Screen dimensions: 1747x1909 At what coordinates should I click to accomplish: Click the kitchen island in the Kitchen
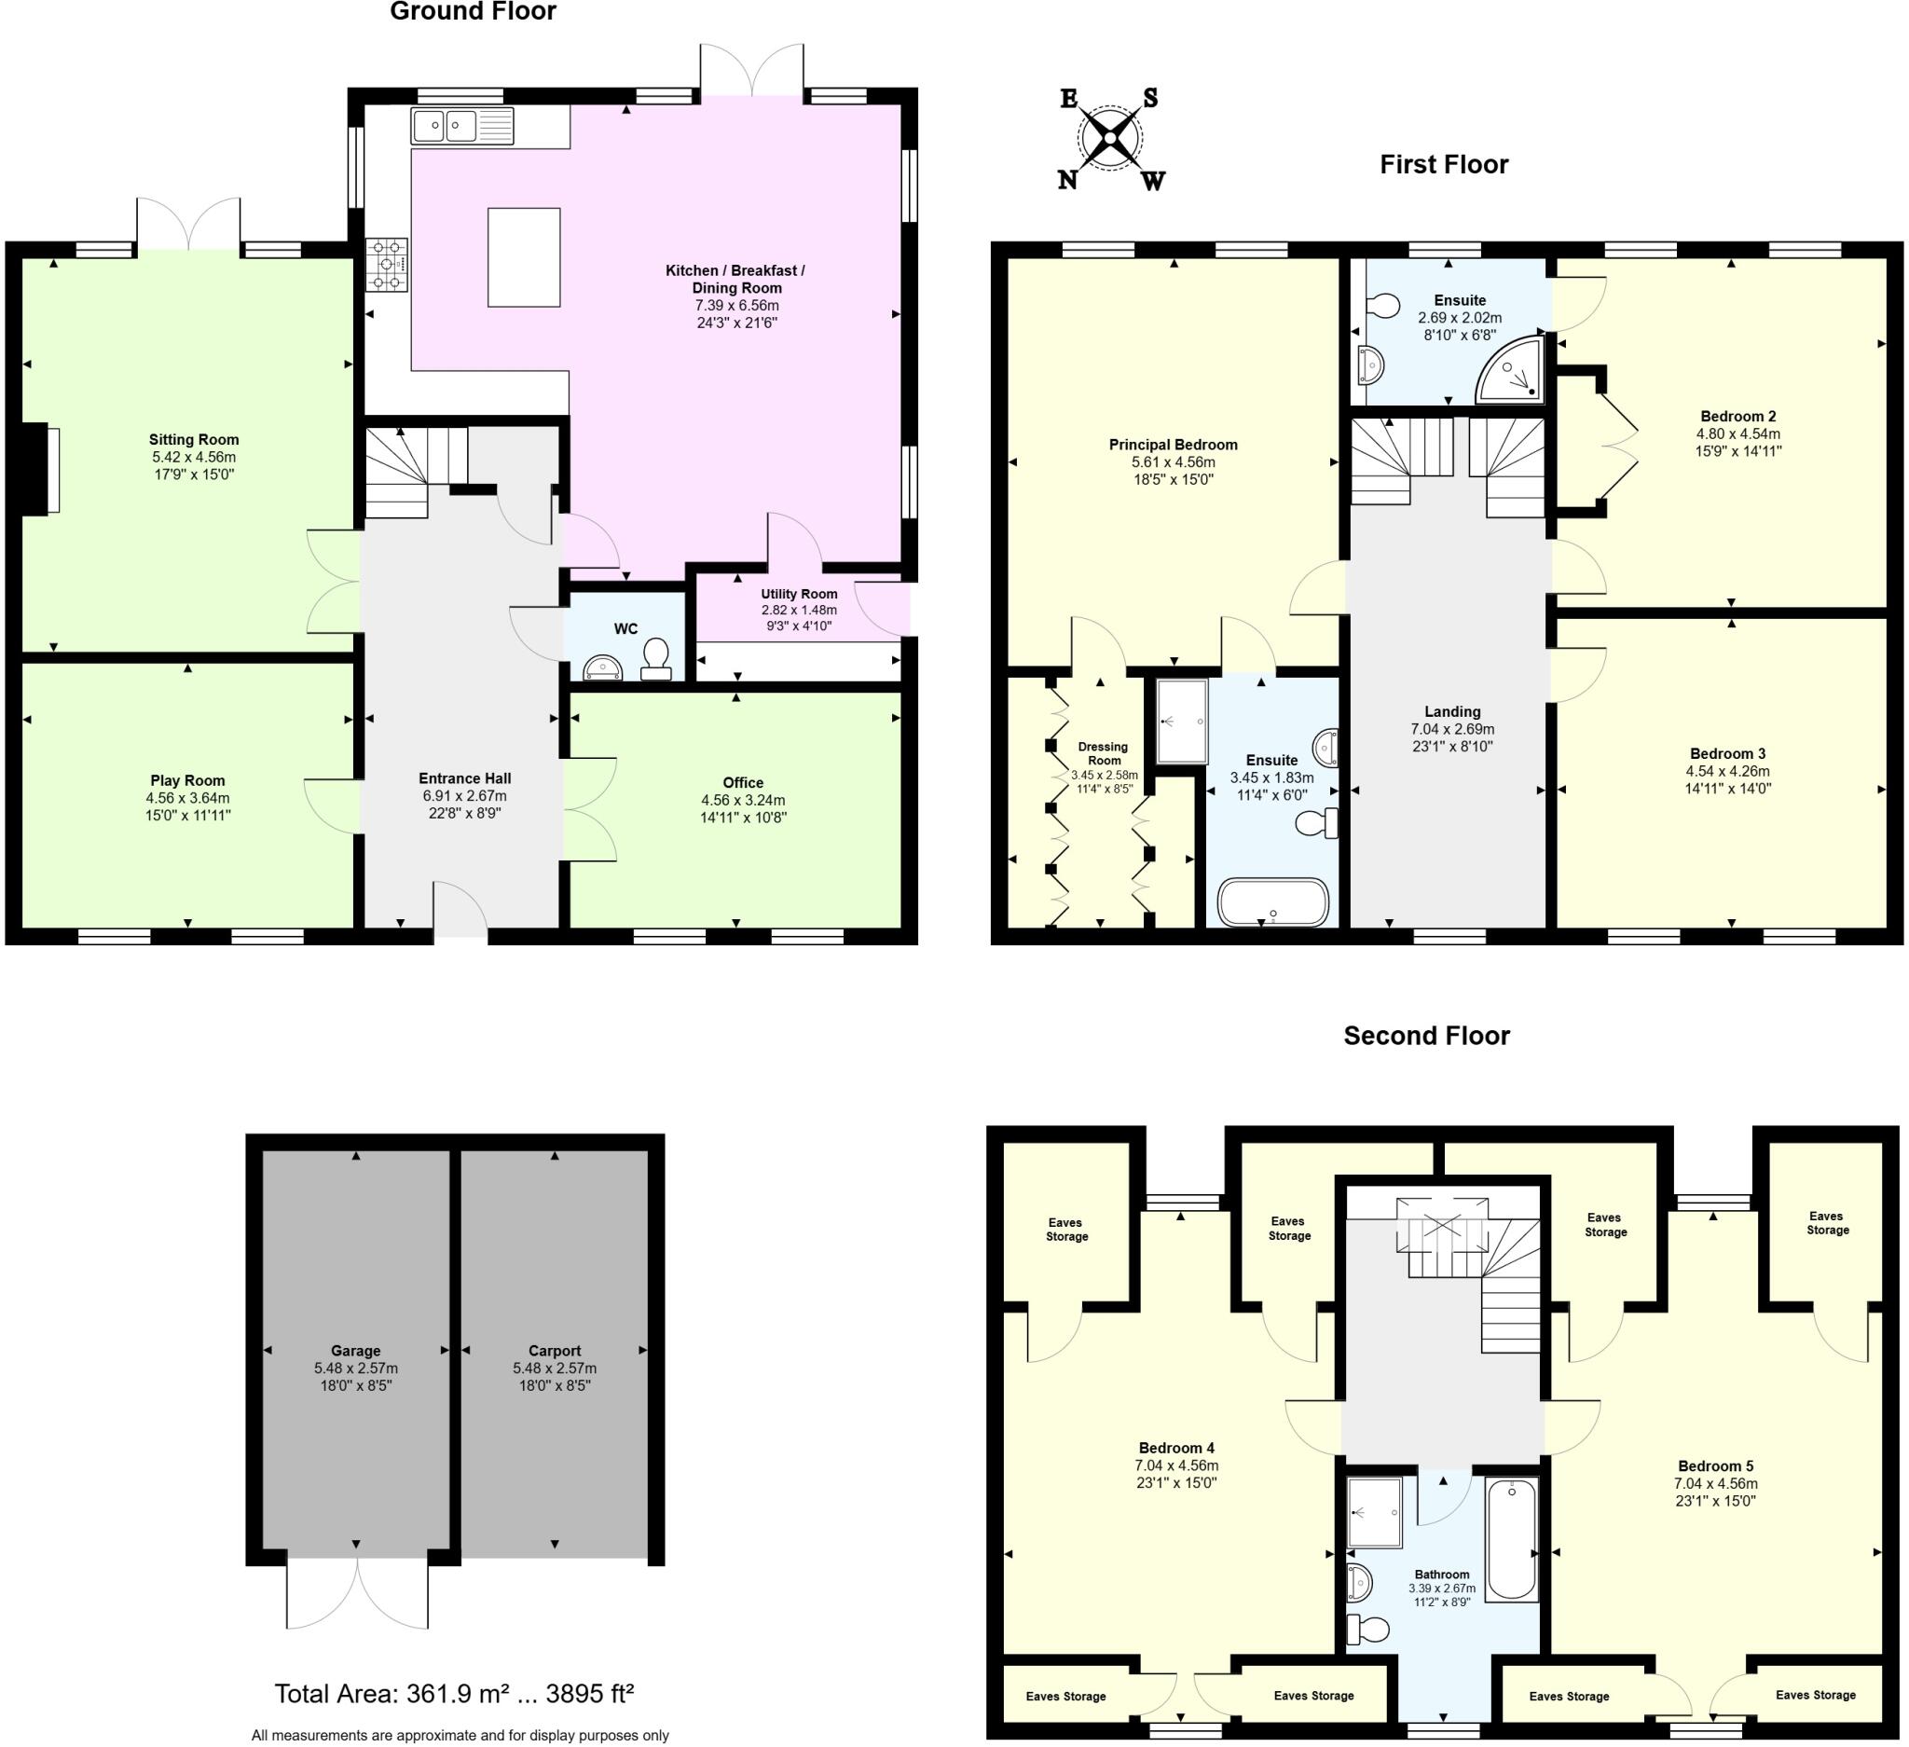[x=524, y=257]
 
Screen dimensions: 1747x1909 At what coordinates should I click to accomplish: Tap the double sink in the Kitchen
[x=462, y=126]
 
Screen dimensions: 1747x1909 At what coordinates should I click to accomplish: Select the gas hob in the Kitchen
[x=387, y=265]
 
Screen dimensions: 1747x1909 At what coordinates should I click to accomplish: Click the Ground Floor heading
[x=473, y=11]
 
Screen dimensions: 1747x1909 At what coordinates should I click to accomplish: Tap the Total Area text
[x=454, y=1693]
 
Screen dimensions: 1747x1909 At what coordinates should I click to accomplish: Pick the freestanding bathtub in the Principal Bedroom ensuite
[x=1273, y=902]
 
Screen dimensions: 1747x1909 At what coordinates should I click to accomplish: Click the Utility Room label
[x=799, y=594]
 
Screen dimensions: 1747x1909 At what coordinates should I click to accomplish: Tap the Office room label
[x=742, y=782]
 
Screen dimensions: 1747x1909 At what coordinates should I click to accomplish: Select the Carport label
[x=554, y=1350]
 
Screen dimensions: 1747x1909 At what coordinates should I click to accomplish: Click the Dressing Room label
[x=1103, y=752]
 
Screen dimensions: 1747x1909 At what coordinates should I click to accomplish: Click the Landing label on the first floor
[x=1451, y=711]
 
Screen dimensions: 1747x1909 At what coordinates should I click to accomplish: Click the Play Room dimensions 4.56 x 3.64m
[x=187, y=798]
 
